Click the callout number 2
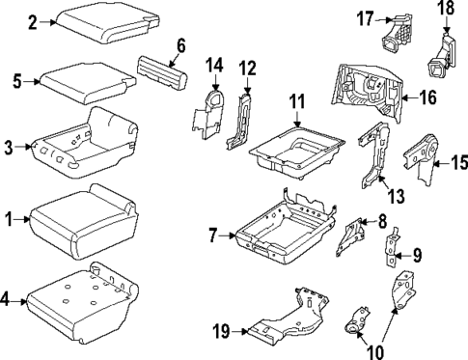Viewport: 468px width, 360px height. pyautogui.click(x=32, y=20)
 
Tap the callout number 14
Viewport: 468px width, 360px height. pyautogui.click(x=215, y=65)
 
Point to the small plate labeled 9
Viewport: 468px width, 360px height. pyautogui.click(x=393, y=251)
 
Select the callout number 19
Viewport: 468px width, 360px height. pyautogui.click(x=219, y=331)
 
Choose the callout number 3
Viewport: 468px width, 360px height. pyautogui.click(x=10, y=148)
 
